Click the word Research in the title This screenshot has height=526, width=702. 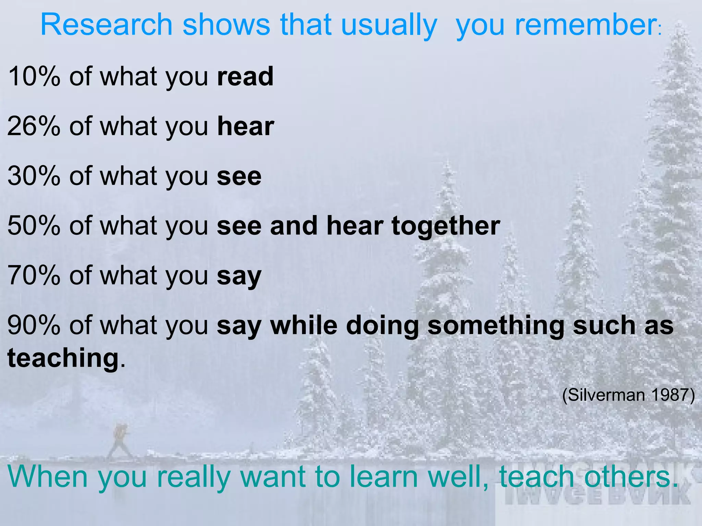pyautogui.click(x=106, y=25)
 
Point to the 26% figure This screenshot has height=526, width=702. pyautogui.click(x=34, y=126)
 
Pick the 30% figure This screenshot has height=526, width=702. pyautogui.click(x=34, y=176)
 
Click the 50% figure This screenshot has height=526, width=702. pyautogui.click(x=34, y=226)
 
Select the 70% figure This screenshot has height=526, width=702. pyautogui.click(x=34, y=275)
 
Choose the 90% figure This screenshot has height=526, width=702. pyautogui.click(x=34, y=325)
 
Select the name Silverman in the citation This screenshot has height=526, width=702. pyautogui.click(x=606, y=395)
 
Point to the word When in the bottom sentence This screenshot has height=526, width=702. pyautogui.click(x=48, y=477)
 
